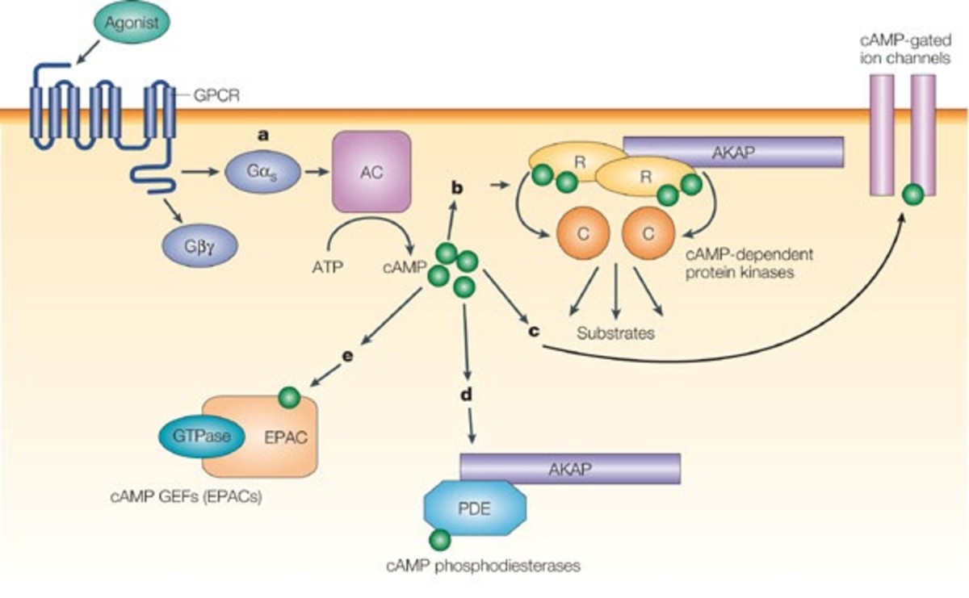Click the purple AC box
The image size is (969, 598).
click(371, 171)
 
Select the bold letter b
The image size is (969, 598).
click(457, 188)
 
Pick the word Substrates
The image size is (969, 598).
click(615, 332)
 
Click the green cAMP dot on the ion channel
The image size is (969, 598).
click(912, 194)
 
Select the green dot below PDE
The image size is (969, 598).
click(440, 540)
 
